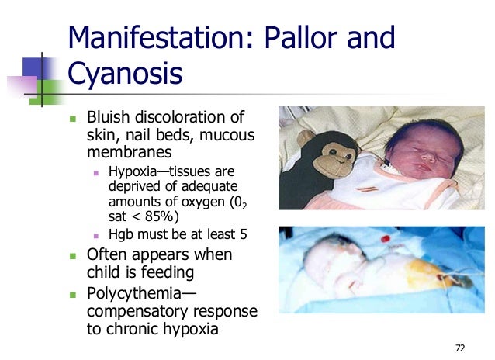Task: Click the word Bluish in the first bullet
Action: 110,118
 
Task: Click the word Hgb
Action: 122,234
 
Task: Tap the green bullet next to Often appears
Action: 74,255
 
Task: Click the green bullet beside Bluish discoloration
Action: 74,119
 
